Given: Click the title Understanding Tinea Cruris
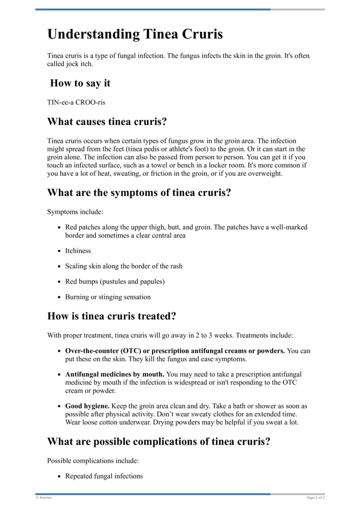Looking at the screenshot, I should (x=135, y=35).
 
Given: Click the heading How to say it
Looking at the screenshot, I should (x=80, y=83).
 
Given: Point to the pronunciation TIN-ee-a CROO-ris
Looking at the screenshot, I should (x=76, y=102).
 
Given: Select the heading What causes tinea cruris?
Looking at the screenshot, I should (x=107, y=121).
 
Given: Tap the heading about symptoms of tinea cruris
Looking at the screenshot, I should (x=139, y=192).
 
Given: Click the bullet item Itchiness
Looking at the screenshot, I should (x=78, y=251).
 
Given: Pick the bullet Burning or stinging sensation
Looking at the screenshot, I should (x=108, y=297).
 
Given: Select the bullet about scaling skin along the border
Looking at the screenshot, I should (x=124, y=266).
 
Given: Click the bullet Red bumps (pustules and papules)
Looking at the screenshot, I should (x=115, y=281).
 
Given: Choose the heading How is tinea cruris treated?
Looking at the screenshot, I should (x=111, y=316).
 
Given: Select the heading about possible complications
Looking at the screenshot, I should (x=159, y=441).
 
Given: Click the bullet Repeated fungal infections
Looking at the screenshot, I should (x=104, y=476).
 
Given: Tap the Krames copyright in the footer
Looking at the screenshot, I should (x=44, y=498).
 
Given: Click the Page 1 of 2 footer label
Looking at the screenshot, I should (x=315, y=498).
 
